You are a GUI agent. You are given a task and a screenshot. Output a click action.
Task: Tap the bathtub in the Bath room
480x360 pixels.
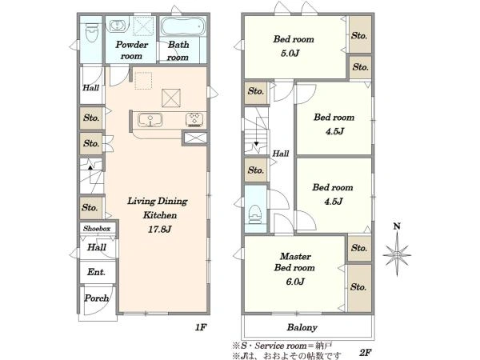tap(182, 26)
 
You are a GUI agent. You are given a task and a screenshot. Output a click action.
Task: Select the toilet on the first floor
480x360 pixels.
tap(91, 32)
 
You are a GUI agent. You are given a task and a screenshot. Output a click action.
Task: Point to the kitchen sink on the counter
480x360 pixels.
tap(150, 120)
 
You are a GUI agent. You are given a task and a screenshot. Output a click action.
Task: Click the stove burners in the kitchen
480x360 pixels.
tap(194, 119)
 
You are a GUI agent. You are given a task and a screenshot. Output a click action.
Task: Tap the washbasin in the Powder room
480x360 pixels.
tap(116, 25)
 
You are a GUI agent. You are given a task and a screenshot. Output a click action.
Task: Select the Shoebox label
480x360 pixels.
tap(97, 228)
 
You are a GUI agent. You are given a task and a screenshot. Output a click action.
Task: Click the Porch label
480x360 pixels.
tap(97, 298)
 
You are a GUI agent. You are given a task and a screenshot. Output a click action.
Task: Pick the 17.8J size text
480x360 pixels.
tap(159, 229)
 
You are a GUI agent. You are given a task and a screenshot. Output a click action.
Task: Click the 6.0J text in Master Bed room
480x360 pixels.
tap(295, 282)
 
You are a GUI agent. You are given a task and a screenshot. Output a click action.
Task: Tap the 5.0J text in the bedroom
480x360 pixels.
tap(290, 54)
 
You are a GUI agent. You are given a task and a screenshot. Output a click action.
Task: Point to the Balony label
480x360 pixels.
tap(302, 327)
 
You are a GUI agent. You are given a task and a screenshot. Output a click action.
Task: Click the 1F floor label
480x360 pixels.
tap(201, 327)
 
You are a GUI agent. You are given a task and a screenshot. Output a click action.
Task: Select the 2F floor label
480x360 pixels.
tap(366, 352)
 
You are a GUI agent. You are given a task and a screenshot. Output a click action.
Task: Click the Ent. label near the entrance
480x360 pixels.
tap(96, 272)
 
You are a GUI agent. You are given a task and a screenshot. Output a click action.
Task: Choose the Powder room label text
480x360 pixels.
tap(132, 50)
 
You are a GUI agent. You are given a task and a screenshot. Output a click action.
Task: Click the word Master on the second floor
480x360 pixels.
tap(295, 256)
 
